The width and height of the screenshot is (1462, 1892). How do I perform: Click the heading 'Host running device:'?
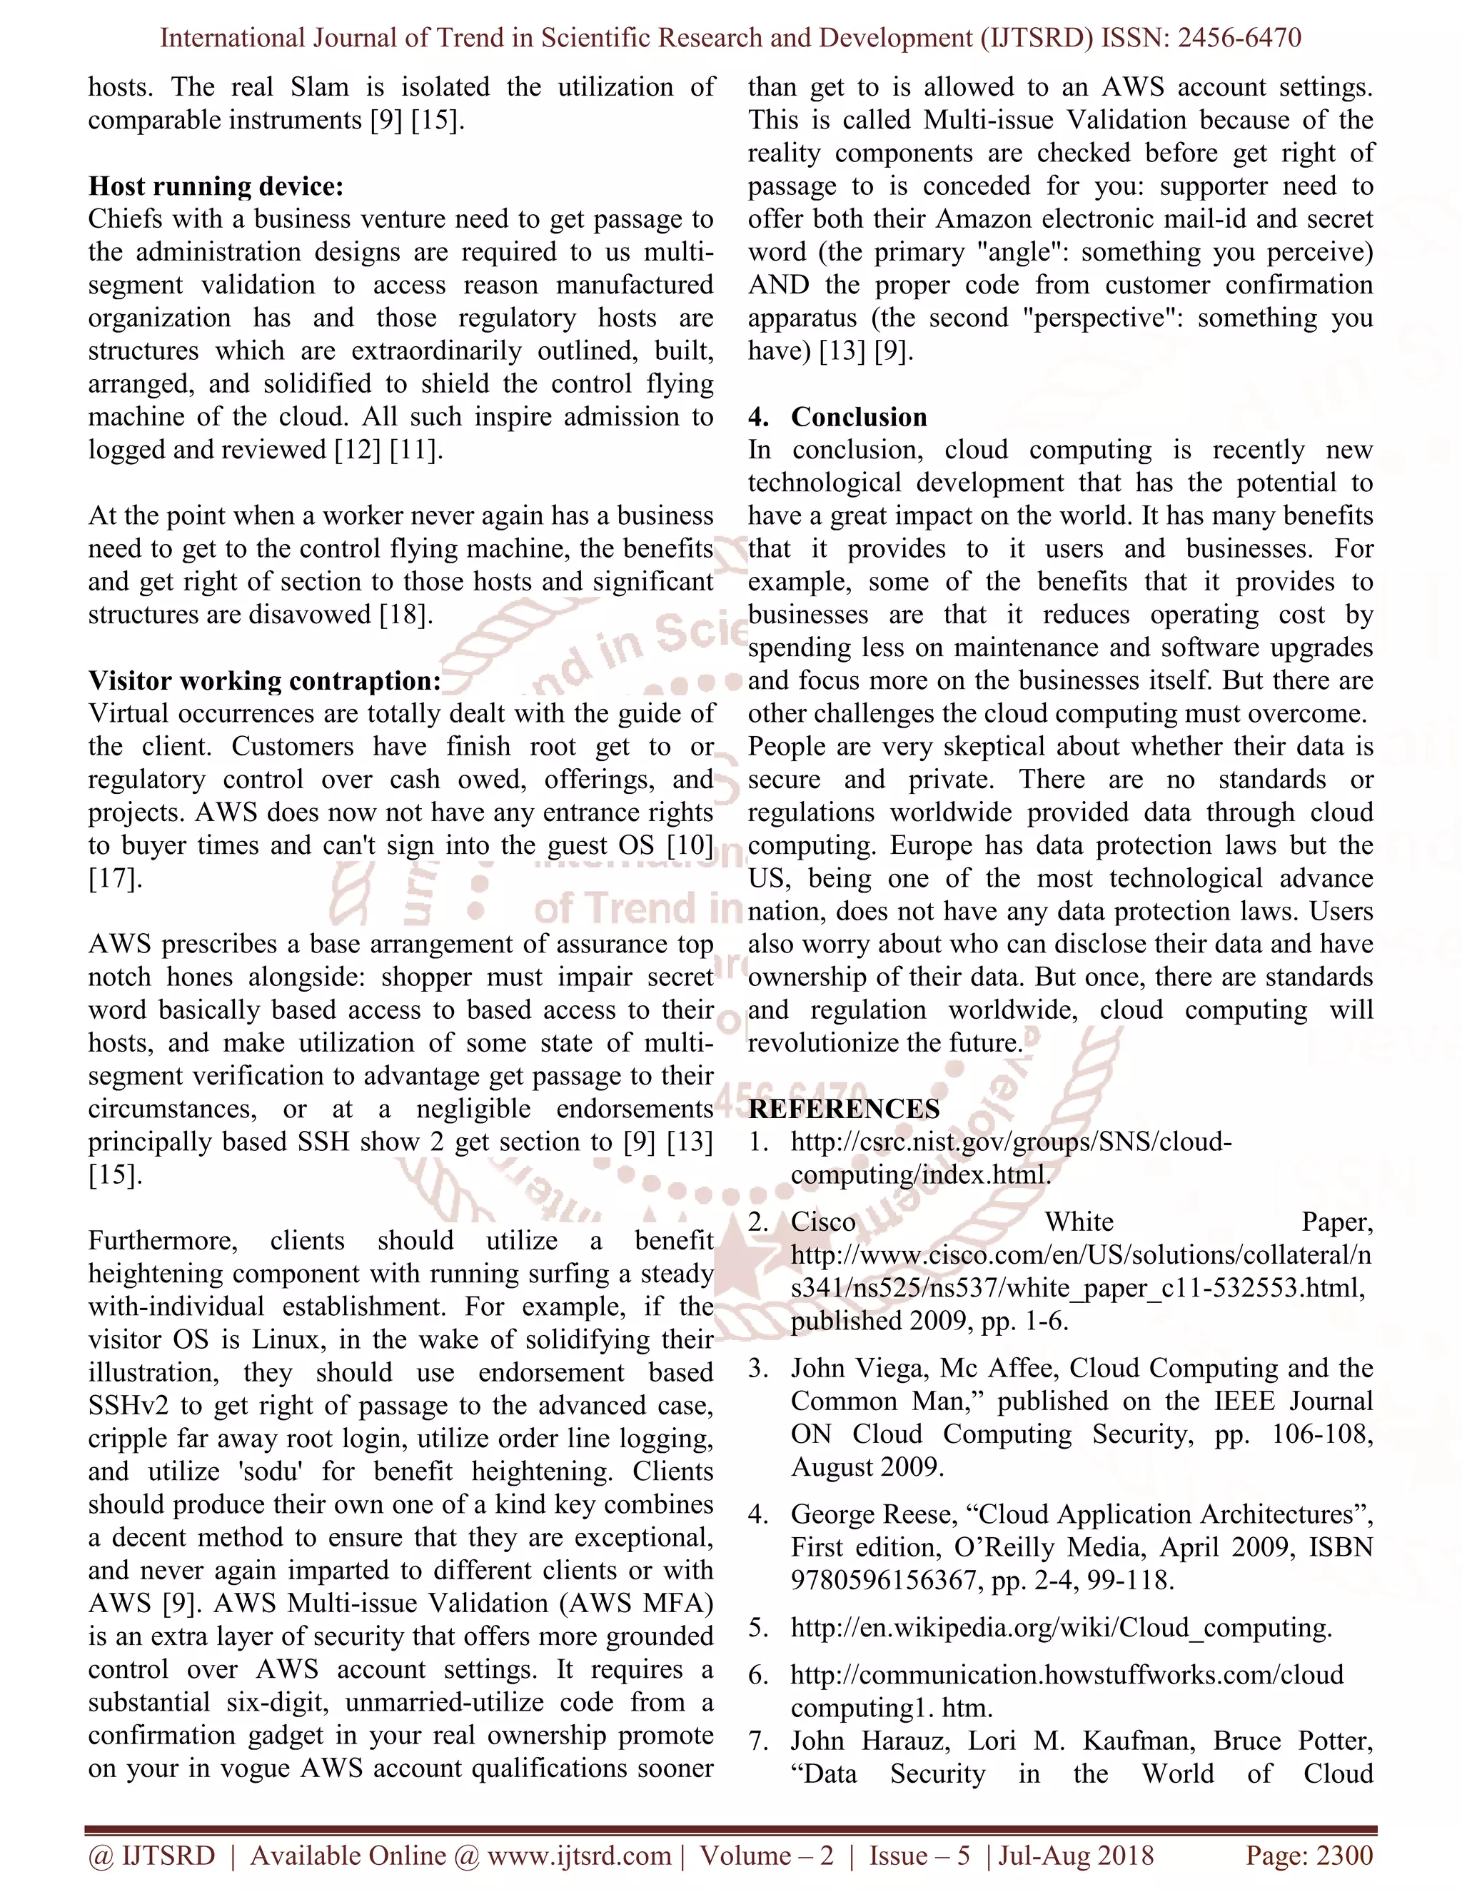pos(216,186)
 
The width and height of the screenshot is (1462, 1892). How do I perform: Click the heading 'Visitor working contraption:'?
pos(264,681)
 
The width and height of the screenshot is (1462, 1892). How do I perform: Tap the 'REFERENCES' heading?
pos(844,1109)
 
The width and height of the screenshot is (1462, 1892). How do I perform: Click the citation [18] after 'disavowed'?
pos(405,615)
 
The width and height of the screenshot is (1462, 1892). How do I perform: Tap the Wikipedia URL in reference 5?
pos(1060,1628)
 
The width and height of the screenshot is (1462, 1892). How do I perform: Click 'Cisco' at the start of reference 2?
pos(823,1222)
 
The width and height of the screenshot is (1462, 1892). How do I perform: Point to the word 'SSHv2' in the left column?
pos(131,1406)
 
